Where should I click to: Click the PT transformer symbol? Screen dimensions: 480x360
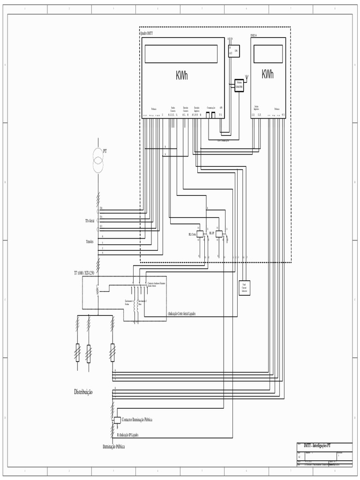98,159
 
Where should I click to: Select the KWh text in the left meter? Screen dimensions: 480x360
181,75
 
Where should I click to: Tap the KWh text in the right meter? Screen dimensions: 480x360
268,74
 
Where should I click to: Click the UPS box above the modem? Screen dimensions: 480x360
234,51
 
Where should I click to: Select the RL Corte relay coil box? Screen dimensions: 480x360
199,233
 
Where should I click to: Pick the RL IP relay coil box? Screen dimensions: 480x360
218,233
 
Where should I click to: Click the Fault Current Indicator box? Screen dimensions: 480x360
244,287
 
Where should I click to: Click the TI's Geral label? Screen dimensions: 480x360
90,220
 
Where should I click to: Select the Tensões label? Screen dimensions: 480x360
90,241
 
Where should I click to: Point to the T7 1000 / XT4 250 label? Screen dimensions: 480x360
85,272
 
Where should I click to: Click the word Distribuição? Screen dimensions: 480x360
83,391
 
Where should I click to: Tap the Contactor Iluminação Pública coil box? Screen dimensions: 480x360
117,420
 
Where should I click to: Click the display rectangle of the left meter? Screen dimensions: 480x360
181,54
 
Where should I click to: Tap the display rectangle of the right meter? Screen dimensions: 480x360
268,54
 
